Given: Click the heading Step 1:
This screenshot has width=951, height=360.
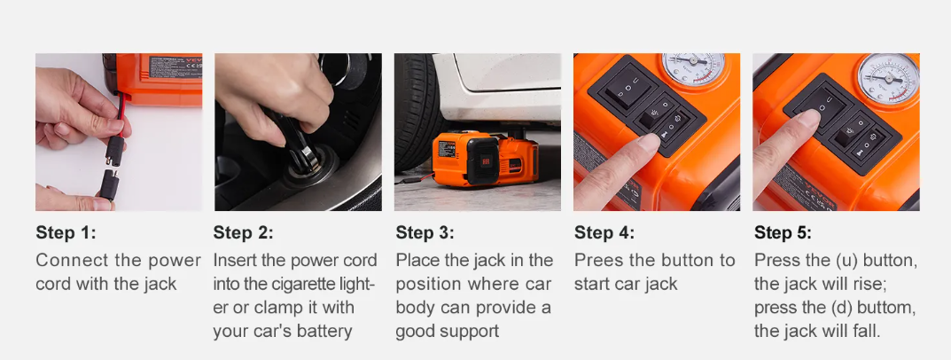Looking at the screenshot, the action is [66, 232].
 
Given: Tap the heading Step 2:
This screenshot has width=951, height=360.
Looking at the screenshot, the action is [243, 232].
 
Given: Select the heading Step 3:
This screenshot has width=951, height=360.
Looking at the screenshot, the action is [425, 232].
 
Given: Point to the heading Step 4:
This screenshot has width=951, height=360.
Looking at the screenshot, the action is [604, 232].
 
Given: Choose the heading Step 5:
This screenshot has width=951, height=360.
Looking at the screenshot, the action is [783, 232].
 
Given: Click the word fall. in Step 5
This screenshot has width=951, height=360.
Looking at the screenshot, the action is [866, 332].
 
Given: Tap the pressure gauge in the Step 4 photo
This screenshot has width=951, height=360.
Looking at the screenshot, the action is [693, 68].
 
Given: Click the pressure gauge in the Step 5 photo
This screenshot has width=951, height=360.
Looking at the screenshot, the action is [889, 77].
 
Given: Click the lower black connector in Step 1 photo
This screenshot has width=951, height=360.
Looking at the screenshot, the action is [109, 184].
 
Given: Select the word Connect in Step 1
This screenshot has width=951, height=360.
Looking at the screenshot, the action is [73, 261].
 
